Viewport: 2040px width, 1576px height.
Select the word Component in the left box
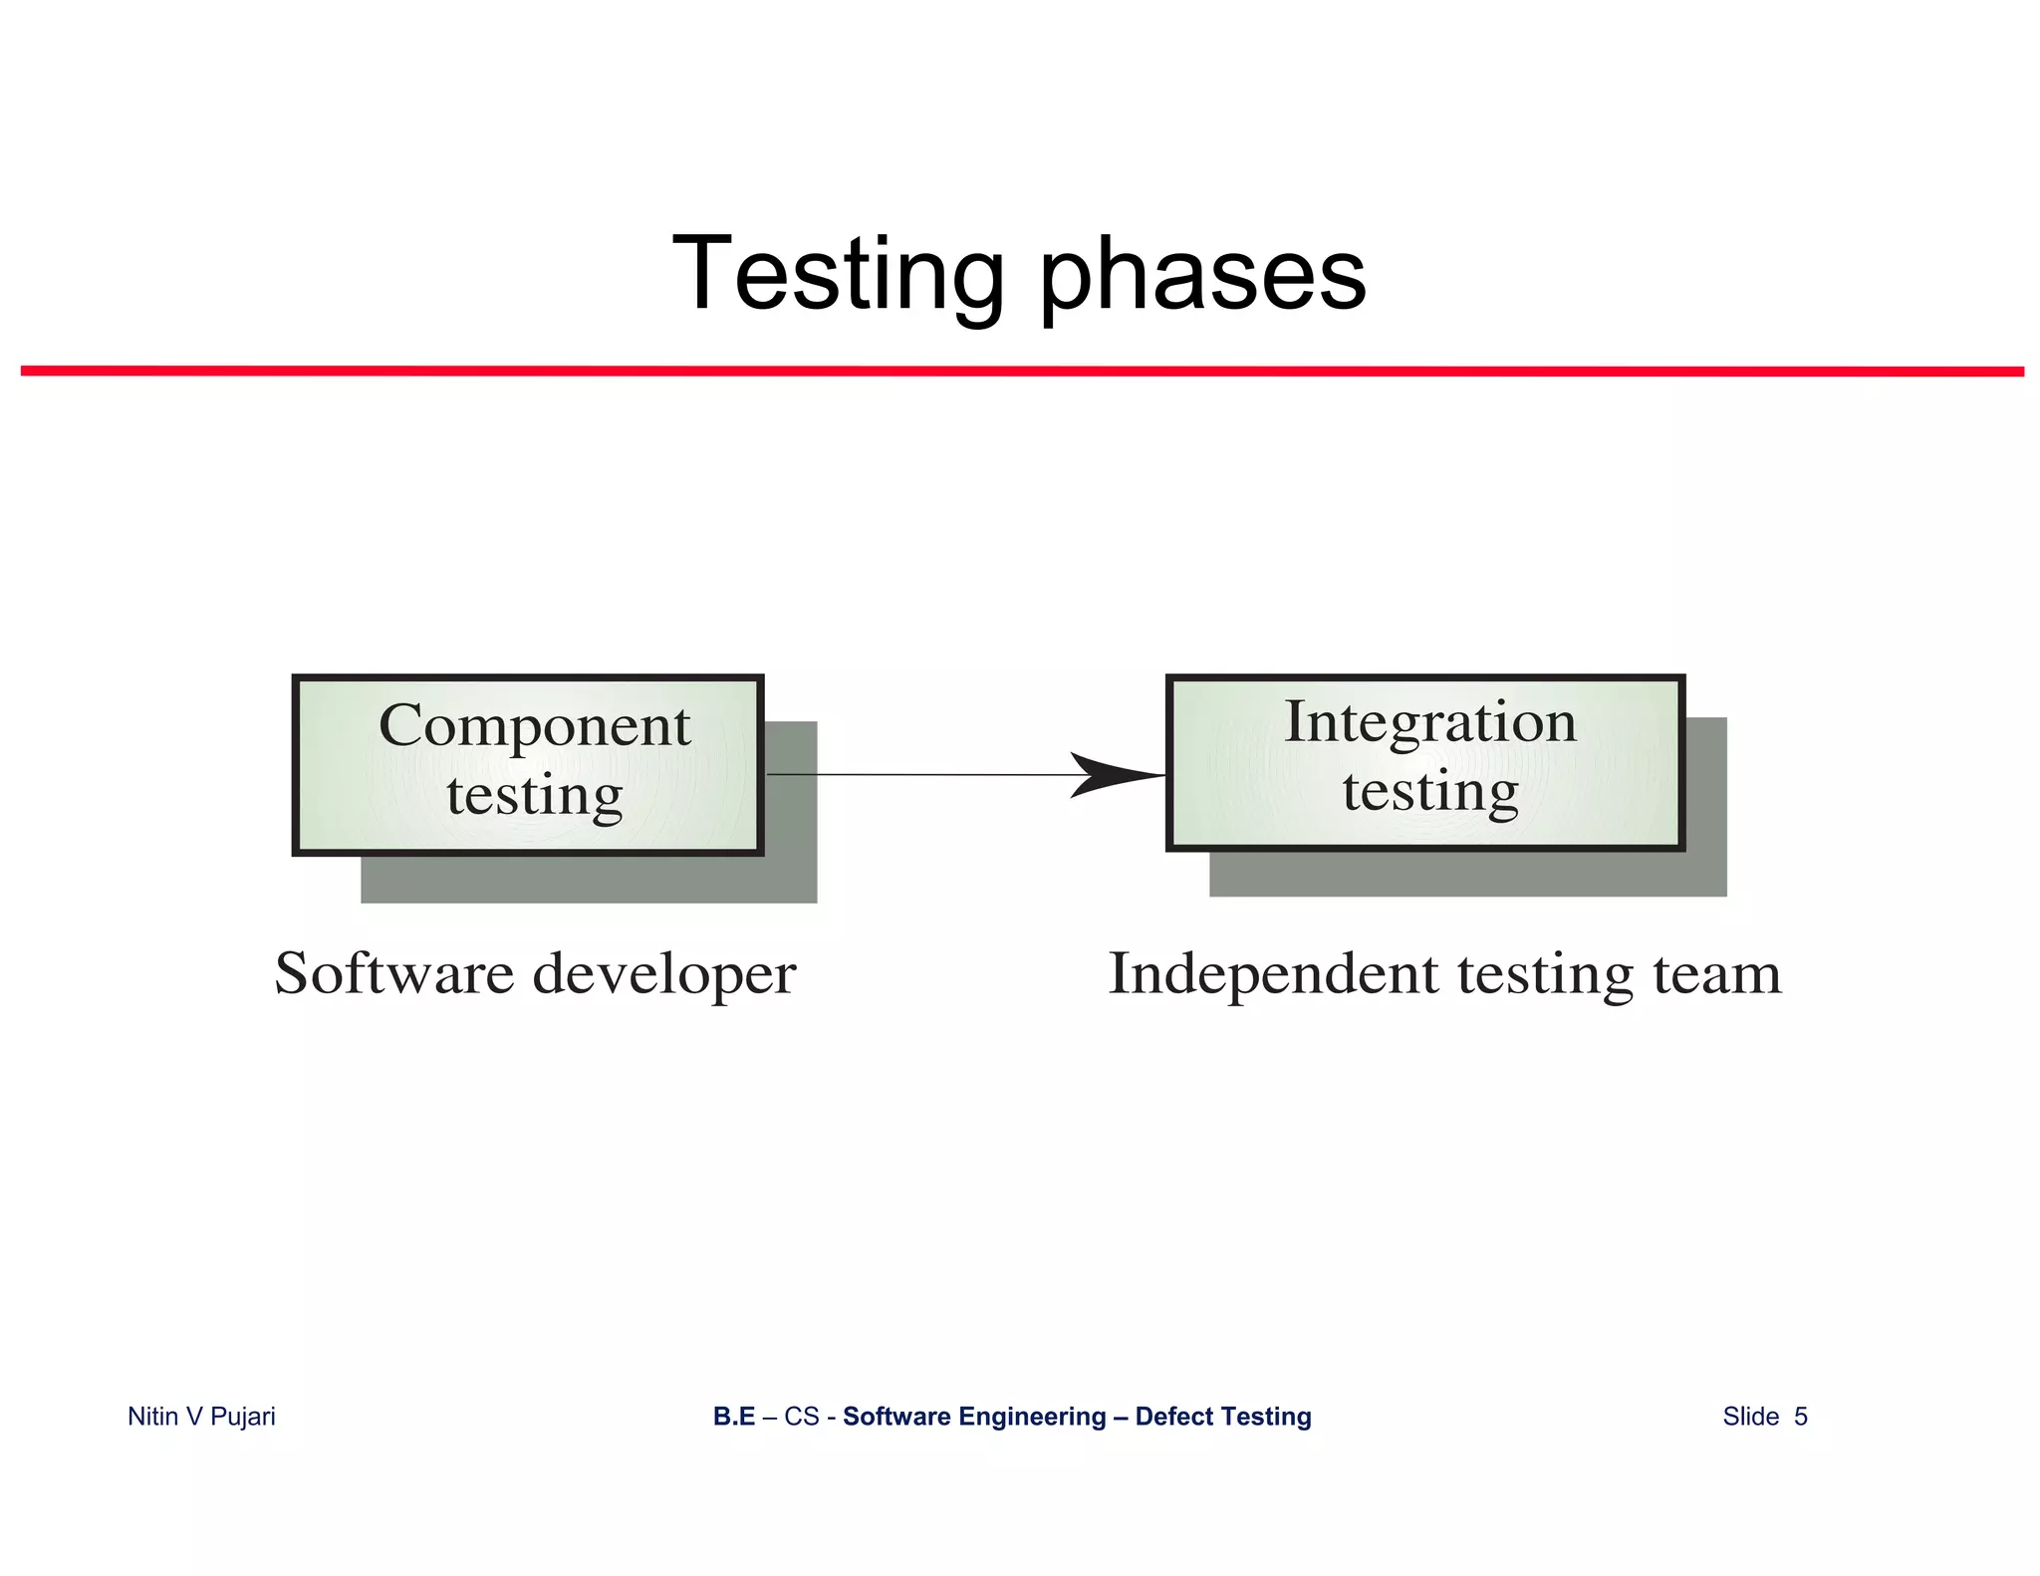pos(534,726)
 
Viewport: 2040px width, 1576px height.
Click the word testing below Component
pos(534,797)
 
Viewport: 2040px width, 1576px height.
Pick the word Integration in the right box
pos(1429,722)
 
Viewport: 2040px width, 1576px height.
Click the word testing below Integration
pos(1429,792)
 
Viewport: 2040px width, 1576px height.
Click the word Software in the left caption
pos(393,973)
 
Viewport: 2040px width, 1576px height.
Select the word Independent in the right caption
pos(1273,974)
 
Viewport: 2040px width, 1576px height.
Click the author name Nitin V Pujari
pos(201,1417)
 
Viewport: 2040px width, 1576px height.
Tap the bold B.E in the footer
pos(734,1417)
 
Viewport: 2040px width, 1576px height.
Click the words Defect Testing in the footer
pos(1223,1417)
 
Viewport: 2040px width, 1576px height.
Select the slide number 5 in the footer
pos(1800,1417)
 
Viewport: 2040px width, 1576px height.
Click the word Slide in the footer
pos(1750,1417)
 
